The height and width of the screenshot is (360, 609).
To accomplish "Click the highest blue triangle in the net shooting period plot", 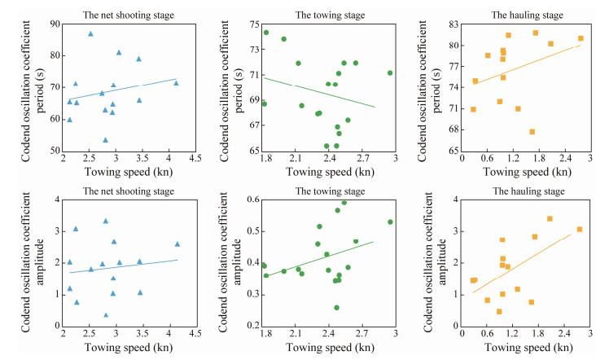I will click(x=90, y=34).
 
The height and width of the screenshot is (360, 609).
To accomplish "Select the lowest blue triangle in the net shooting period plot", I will click(x=106, y=139).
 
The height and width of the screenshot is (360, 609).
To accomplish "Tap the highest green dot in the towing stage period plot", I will click(x=266, y=33).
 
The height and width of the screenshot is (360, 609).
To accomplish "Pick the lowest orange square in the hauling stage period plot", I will click(x=532, y=131).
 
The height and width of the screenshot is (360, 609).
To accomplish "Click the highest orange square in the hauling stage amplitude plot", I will click(x=550, y=218).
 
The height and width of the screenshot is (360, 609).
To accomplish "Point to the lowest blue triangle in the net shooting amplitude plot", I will click(x=106, y=314).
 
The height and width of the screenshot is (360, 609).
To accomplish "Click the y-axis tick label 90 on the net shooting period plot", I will click(x=55, y=24).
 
